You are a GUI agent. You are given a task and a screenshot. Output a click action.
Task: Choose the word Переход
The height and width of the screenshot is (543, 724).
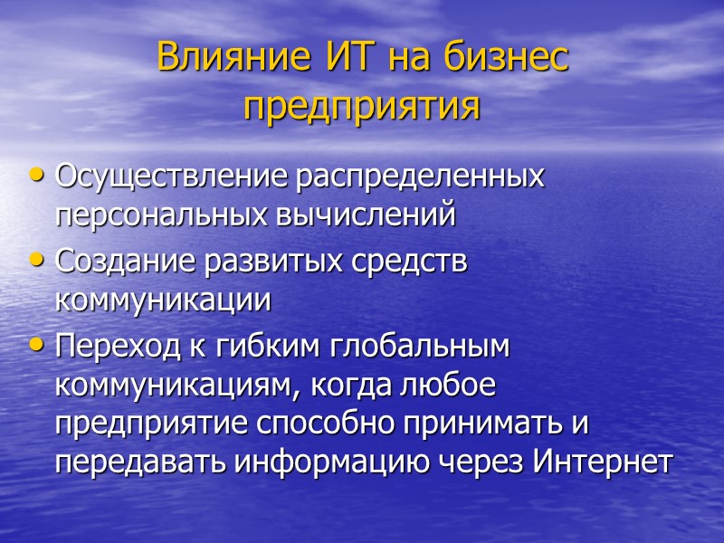(110, 347)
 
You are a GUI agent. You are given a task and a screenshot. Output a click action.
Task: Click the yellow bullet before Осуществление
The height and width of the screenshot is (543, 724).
(36, 174)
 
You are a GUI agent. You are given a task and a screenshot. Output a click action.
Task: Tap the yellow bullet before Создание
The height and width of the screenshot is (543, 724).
(36, 260)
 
